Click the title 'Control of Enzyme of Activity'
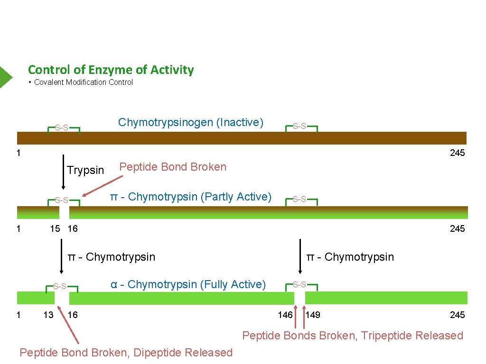click(111, 70)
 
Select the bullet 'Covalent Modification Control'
click(84, 82)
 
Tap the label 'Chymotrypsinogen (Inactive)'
click(190, 122)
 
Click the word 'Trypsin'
click(85, 170)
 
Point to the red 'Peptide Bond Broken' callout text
click(173, 167)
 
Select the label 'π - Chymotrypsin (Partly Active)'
click(190, 197)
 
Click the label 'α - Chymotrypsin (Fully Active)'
click(188, 284)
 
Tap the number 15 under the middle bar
click(55, 229)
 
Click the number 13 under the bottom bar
click(48, 315)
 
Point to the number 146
click(285, 315)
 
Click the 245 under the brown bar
click(457, 153)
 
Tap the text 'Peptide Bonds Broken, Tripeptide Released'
click(353, 336)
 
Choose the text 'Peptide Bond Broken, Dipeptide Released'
click(126, 353)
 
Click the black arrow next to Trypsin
click(64, 172)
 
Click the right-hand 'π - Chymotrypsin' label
click(350, 257)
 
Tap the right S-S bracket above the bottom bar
click(299, 285)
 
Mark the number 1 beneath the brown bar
click(18, 153)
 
